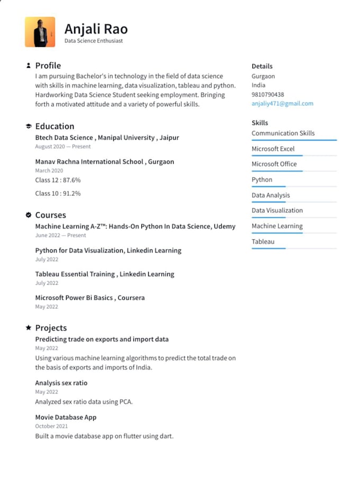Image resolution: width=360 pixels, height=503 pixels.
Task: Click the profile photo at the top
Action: (40, 32)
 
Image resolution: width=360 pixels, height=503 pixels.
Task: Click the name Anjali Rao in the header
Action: (96, 29)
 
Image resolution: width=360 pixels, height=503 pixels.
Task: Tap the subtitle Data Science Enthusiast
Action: (93, 41)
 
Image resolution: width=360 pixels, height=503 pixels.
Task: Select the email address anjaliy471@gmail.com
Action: (282, 104)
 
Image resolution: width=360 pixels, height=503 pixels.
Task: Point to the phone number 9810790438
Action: (267, 94)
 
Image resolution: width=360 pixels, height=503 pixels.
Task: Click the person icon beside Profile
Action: (28, 66)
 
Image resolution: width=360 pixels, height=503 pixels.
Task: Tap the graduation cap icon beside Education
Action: (28, 126)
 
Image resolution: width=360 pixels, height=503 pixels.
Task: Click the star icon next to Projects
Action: (28, 328)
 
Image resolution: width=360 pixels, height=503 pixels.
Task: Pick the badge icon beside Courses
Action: (28, 215)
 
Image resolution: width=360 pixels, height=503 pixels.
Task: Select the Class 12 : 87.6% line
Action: (58, 180)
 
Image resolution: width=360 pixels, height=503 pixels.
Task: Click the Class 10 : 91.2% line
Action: (58, 193)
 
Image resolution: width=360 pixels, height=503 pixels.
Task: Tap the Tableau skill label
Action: (263, 241)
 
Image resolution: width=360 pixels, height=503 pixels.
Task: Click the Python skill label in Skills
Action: (262, 179)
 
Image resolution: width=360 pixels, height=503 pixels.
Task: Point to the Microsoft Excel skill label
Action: (273, 149)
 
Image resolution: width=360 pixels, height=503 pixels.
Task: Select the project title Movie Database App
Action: (66, 417)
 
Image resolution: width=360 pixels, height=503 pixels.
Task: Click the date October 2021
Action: (51, 426)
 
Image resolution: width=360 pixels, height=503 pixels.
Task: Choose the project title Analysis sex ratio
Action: (61, 383)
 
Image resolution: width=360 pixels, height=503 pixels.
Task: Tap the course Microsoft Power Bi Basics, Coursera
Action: (90, 298)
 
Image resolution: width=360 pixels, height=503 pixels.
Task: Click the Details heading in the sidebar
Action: (262, 66)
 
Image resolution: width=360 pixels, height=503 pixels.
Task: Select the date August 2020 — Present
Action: (63, 147)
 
